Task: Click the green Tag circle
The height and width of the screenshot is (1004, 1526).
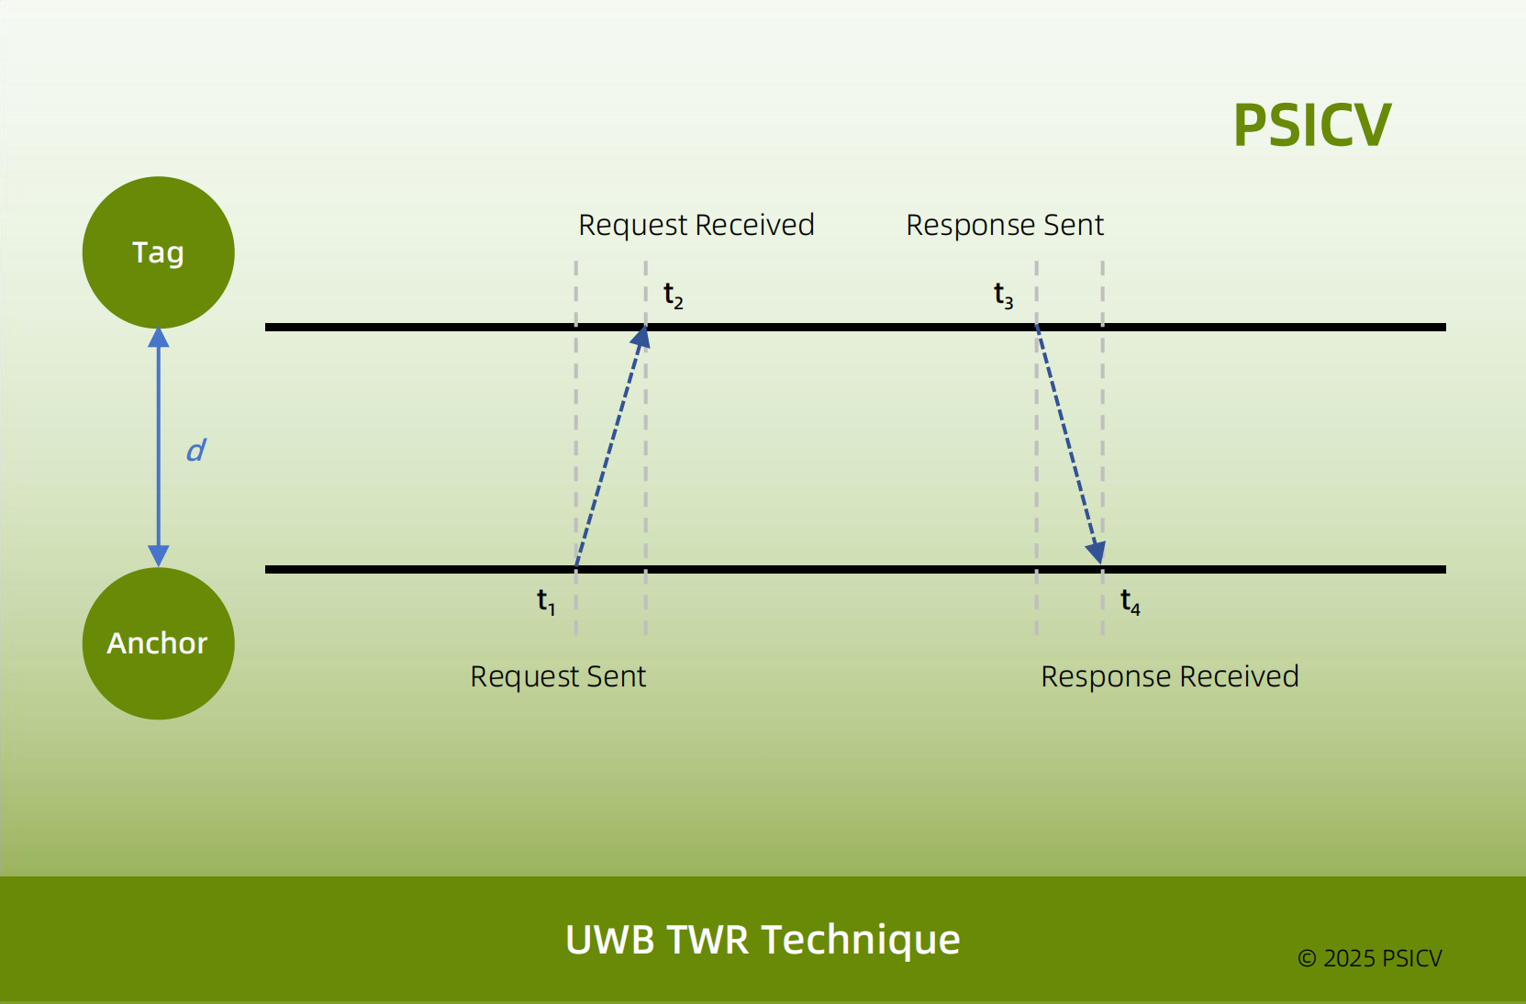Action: pos(158,252)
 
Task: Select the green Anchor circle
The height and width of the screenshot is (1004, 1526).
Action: pos(158,642)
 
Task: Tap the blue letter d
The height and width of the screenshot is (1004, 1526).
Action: pos(195,450)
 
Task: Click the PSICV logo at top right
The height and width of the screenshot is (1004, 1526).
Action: pos(1311,125)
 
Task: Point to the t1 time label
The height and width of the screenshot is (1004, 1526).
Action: pos(546,601)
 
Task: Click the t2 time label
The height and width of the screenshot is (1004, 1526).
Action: pos(673,296)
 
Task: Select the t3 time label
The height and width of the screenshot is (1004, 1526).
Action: pos(1003,296)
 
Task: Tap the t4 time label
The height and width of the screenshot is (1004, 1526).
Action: pos(1130,603)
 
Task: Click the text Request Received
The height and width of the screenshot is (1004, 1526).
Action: pos(696,225)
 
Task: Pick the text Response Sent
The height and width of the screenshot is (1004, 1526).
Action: pos(1005,225)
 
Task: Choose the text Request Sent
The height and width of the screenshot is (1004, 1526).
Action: pos(558,676)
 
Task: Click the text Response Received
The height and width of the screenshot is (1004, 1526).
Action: pos(1169,676)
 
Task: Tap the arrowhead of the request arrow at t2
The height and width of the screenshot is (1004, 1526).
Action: pos(641,338)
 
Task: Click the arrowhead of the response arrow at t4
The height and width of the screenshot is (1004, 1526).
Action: pos(1097,552)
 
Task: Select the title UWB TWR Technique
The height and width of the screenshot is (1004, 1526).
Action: pos(763,940)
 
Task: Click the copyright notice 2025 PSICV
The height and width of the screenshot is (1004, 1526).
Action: pos(1369,958)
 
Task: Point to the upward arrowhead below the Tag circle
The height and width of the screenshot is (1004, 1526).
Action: pos(159,337)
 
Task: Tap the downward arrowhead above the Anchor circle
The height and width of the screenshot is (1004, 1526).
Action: pos(159,556)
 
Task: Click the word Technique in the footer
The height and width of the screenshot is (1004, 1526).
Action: pos(861,940)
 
